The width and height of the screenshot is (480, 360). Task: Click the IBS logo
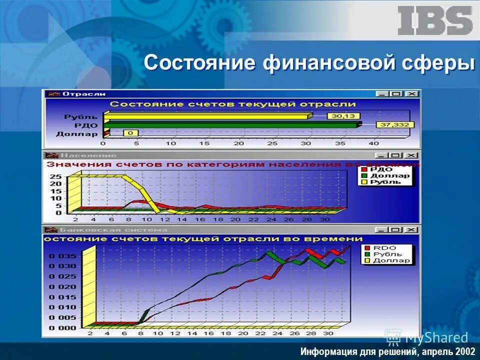tap(435, 20)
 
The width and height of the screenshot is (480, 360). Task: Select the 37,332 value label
tap(392, 124)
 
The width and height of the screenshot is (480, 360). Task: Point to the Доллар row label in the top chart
tap(77, 133)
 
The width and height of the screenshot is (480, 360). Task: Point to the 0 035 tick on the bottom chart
tap(62, 255)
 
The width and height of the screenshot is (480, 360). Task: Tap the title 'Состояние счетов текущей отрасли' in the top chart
tap(232, 104)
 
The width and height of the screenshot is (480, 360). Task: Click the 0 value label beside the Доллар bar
tap(131, 133)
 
